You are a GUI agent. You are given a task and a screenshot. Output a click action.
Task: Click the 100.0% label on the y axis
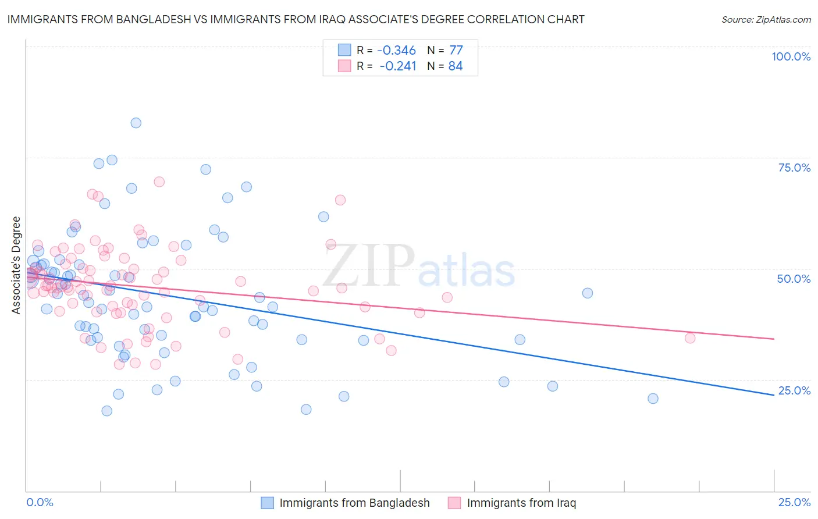click(x=791, y=56)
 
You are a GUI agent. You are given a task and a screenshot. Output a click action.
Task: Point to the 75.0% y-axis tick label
click(x=794, y=168)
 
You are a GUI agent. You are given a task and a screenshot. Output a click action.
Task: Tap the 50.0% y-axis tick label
click(x=794, y=279)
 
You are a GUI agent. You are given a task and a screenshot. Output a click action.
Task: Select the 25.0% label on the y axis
click(x=794, y=390)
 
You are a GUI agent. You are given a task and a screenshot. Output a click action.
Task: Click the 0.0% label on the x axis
click(x=40, y=502)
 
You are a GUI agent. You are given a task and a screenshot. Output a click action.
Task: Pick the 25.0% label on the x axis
click(x=794, y=502)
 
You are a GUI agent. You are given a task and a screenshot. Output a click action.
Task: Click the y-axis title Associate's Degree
click(x=16, y=265)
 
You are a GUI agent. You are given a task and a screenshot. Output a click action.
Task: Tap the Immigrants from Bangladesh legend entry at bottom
click(x=354, y=503)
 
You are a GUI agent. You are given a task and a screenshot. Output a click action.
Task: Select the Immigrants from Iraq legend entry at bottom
click(x=521, y=503)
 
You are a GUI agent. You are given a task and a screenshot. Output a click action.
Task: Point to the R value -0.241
click(x=398, y=66)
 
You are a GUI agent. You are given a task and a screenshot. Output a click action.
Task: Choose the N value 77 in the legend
click(x=456, y=51)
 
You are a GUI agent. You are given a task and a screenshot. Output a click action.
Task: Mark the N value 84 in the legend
click(x=456, y=66)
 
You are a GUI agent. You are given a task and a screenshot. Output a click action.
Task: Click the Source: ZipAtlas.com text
click(x=766, y=19)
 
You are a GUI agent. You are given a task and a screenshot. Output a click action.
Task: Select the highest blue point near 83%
click(x=136, y=123)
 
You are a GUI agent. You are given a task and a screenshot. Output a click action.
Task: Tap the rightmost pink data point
click(x=690, y=338)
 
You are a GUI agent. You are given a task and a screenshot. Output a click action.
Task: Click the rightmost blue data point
click(x=653, y=399)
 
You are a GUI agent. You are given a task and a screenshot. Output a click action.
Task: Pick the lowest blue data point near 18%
click(x=106, y=411)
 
